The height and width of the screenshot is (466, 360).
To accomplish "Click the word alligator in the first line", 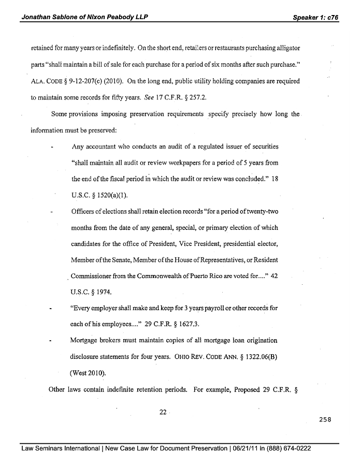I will tap(283, 48).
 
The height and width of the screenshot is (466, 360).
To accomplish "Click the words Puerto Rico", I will tap(209, 276).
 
